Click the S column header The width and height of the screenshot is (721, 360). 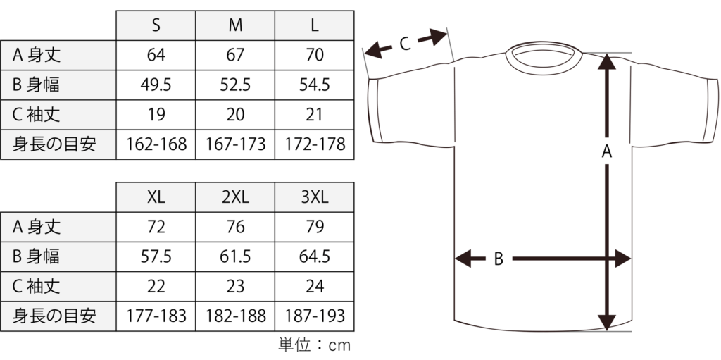click(x=156, y=25)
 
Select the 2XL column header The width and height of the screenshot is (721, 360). click(x=235, y=197)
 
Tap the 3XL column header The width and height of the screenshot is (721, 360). click(x=315, y=197)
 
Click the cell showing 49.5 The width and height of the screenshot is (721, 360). click(x=156, y=85)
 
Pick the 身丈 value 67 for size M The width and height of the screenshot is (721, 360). click(x=235, y=55)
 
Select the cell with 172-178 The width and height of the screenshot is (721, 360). click(x=315, y=144)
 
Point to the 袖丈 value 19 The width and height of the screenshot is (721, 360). click(x=156, y=115)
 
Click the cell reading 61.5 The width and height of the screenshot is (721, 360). click(x=235, y=257)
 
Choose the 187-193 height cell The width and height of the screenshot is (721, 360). click(x=315, y=316)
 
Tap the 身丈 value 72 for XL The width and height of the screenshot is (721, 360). click(x=156, y=227)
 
